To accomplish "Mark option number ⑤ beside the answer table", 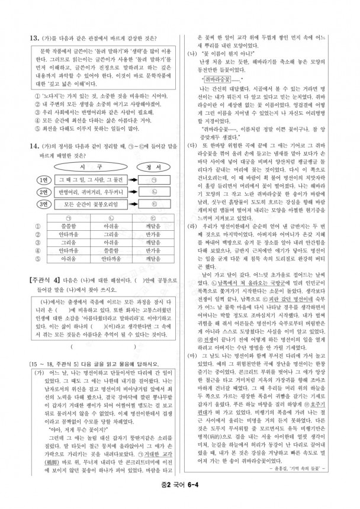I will [24, 241].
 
